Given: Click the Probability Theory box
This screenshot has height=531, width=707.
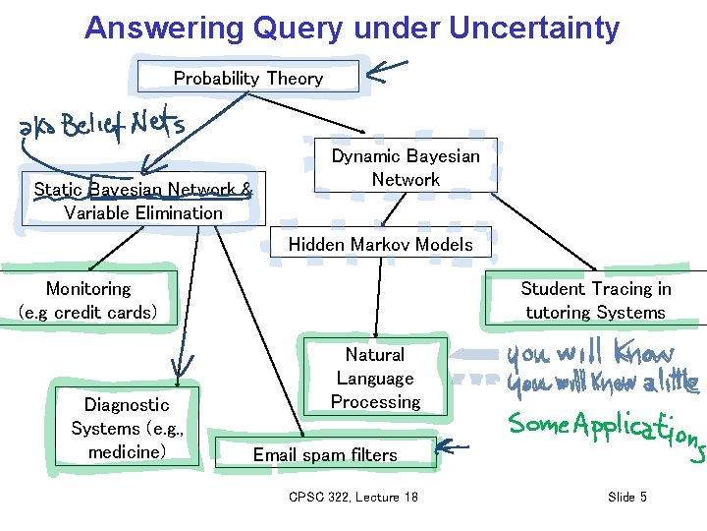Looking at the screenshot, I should [248, 78].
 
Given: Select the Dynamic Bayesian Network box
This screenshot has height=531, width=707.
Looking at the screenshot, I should [406, 167].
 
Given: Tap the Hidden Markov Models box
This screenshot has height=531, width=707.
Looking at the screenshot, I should [380, 244].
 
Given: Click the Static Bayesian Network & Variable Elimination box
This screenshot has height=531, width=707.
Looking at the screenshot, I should [143, 202].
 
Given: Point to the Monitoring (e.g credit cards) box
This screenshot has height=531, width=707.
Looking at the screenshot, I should [88, 300].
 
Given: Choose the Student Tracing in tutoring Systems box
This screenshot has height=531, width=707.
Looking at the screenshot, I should [595, 300].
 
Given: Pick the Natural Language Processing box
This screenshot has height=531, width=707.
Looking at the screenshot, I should [375, 378].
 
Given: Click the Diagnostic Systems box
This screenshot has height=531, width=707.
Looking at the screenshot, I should [126, 428].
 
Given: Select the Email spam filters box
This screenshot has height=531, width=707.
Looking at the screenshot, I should [325, 454].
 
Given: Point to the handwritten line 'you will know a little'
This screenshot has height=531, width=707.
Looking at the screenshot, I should [601, 384].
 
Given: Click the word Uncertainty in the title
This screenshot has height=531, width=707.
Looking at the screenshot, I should [534, 28].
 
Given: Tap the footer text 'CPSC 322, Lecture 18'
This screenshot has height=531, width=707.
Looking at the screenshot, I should [353, 497].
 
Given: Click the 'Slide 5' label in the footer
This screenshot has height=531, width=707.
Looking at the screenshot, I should [626, 497].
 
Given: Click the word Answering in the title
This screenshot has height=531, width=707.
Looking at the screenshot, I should [163, 28].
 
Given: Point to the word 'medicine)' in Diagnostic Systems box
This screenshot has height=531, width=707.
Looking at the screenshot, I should [127, 452].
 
